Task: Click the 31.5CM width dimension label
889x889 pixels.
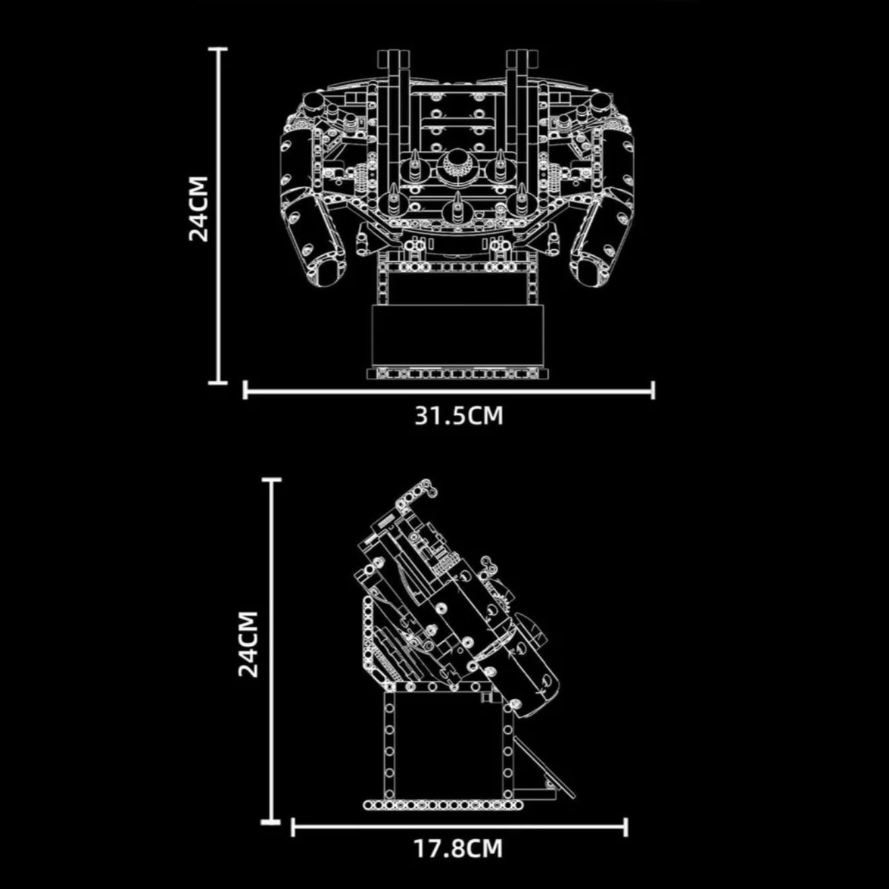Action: click(x=458, y=416)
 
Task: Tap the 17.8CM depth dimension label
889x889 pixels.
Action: click(x=458, y=849)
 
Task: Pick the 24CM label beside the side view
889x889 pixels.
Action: click(x=249, y=644)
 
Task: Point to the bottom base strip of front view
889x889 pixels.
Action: click(x=458, y=373)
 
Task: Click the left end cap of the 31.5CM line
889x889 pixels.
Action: click(x=245, y=389)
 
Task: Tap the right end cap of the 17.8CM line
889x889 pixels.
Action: click(x=626, y=827)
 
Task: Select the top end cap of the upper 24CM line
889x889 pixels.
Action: click(x=218, y=49)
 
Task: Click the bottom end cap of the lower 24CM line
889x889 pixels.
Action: click(x=271, y=822)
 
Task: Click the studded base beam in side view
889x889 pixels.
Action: click(x=444, y=805)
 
